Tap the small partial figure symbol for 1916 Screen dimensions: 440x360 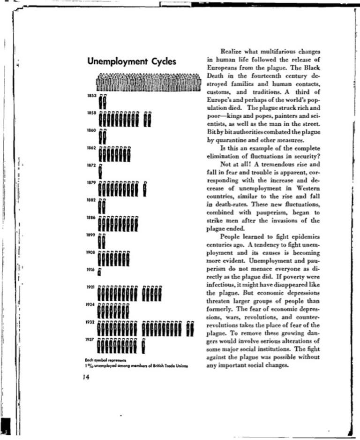point(100,272)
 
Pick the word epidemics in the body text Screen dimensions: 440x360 point(302,236)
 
